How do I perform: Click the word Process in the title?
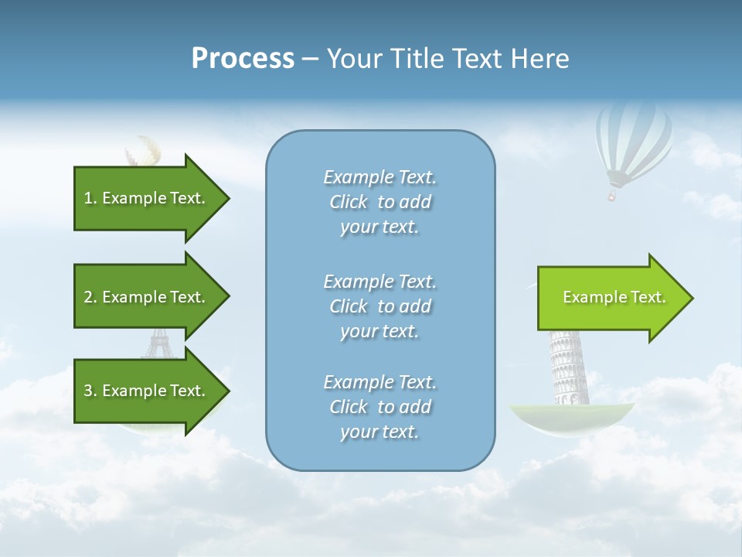243,59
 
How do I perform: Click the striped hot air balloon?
634,139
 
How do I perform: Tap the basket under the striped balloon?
612,196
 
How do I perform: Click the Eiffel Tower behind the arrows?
158,344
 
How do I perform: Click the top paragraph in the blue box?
380,202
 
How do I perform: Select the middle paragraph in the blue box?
380,306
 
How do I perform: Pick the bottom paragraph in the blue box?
380,407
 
